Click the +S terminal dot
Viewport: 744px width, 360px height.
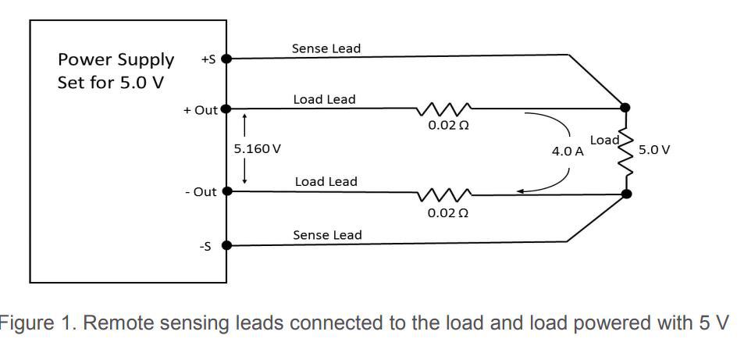[227, 59]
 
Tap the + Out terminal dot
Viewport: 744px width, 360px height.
[226, 109]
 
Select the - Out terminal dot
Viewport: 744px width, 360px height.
[227, 191]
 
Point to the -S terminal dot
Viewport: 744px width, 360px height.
[227, 245]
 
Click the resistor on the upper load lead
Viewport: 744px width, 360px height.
[443, 109]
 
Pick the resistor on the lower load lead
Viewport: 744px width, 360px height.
[443, 194]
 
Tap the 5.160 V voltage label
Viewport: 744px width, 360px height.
[257, 149]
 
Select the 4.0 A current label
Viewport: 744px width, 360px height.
[568, 152]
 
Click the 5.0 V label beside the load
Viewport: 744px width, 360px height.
[654, 150]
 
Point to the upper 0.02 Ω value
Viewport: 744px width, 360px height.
[448, 126]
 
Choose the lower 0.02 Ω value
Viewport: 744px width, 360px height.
[448, 212]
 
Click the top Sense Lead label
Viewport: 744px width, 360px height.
[326, 48]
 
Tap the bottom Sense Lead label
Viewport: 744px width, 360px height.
[327, 235]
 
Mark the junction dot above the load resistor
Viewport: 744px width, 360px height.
[625, 107]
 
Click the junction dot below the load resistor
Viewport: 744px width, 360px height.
[626, 194]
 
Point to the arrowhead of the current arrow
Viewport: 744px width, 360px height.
[520, 191]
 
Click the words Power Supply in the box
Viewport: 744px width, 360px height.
[116, 60]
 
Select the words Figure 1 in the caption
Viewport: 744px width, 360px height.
[35, 323]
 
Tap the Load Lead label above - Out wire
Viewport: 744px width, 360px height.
[326, 182]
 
